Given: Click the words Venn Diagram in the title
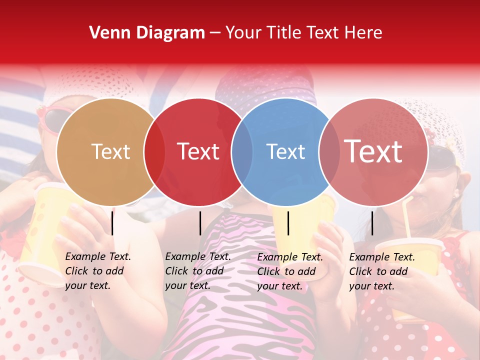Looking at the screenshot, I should [x=146, y=33].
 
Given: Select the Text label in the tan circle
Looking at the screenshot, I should [x=111, y=151].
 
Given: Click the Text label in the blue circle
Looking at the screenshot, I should [x=286, y=151].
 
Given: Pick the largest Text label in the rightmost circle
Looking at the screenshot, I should [x=373, y=151].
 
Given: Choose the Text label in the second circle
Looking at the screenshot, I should [x=198, y=151].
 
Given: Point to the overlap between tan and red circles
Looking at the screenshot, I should [x=154, y=152].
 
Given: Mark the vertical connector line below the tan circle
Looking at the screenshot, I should [x=112, y=223].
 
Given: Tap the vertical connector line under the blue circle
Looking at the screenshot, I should [x=288, y=223].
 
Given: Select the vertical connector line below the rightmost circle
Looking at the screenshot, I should [x=372, y=223].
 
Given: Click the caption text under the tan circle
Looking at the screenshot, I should [x=98, y=271].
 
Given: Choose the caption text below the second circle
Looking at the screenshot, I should [x=198, y=271].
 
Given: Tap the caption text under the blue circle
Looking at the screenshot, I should [x=290, y=271].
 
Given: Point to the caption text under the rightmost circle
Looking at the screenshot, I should [x=382, y=271].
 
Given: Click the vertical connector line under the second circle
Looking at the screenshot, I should [x=200, y=223].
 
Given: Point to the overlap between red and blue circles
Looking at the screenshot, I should [x=241, y=152].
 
